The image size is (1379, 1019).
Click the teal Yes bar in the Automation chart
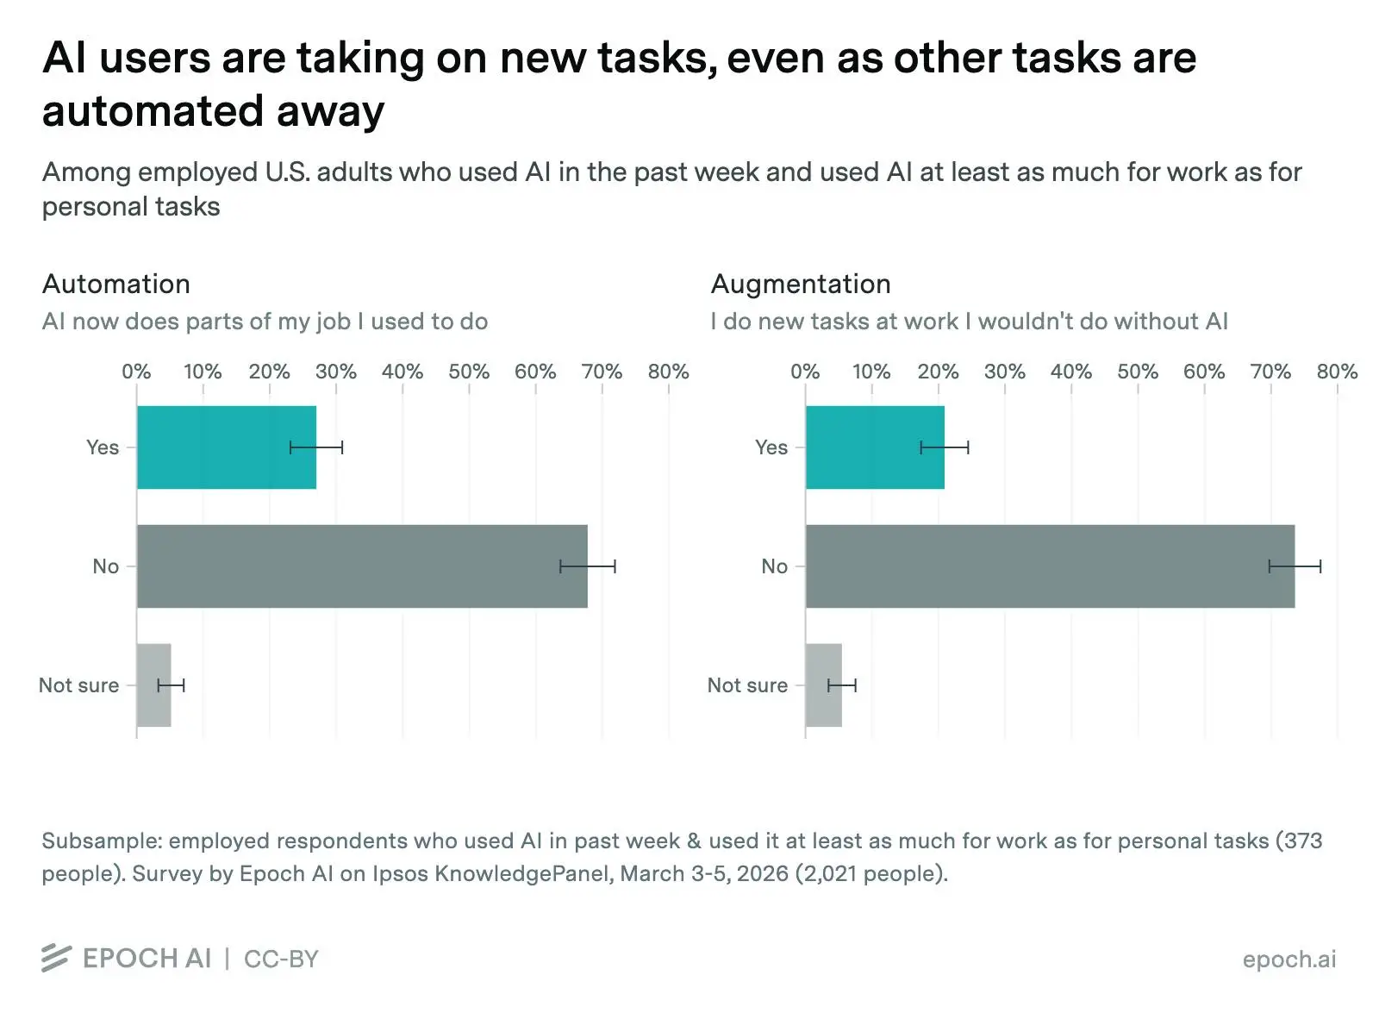point(226,447)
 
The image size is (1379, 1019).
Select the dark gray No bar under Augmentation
point(1049,566)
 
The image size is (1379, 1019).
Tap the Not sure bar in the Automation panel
point(153,685)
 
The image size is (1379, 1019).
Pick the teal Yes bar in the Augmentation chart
point(874,447)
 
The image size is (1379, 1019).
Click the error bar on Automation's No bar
point(588,566)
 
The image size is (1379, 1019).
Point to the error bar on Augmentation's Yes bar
point(945,447)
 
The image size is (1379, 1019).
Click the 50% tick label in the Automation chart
point(468,372)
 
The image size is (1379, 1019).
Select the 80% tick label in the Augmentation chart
point(1336,372)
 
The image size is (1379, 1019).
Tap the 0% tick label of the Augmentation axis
point(804,372)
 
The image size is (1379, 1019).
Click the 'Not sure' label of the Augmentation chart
point(746,685)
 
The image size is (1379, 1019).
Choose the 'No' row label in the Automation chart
point(105,566)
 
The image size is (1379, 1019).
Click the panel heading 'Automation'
point(116,284)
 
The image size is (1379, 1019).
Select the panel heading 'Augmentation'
point(800,284)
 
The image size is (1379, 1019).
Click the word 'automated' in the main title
point(152,111)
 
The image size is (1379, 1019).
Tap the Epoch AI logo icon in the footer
point(56,958)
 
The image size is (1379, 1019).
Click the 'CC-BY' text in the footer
point(281,959)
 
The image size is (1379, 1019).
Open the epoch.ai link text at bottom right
point(1289,959)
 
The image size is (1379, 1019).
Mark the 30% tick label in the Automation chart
point(335,372)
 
